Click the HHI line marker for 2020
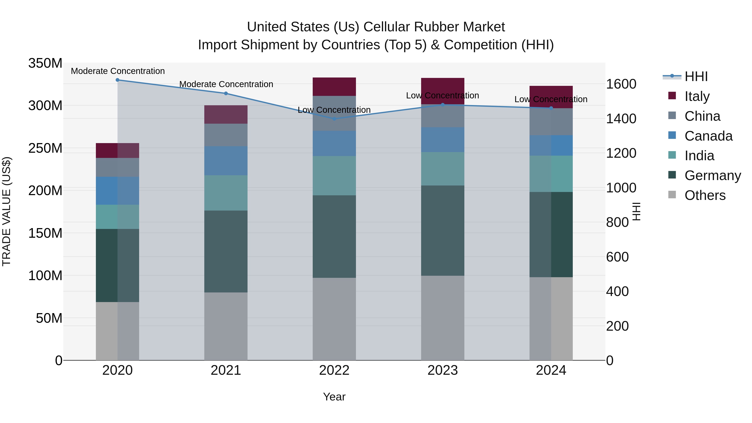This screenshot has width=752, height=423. [x=117, y=80]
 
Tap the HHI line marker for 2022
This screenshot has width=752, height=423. [x=334, y=119]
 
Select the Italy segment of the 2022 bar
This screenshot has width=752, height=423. [x=334, y=87]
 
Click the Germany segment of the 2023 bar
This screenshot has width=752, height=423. [x=443, y=231]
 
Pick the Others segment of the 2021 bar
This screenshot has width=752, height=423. [x=226, y=326]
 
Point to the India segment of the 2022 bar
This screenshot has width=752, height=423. [x=334, y=175]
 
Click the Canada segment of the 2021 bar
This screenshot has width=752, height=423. [x=226, y=161]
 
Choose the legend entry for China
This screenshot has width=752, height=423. [x=702, y=116]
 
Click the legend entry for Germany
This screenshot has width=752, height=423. [x=712, y=175]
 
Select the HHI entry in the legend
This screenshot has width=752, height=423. [x=696, y=76]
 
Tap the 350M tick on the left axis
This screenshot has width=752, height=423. [x=45, y=63]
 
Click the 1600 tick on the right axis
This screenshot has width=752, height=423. [x=621, y=84]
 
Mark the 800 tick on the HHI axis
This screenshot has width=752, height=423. [x=617, y=222]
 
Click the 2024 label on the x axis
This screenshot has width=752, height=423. [x=551, y=370]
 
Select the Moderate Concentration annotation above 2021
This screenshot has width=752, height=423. [x=226, y=84]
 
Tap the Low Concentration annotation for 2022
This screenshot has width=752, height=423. [x=334, y=110]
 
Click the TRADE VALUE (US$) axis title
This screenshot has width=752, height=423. [x=6, y=211]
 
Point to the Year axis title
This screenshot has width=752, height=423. [x=334, y=397]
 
